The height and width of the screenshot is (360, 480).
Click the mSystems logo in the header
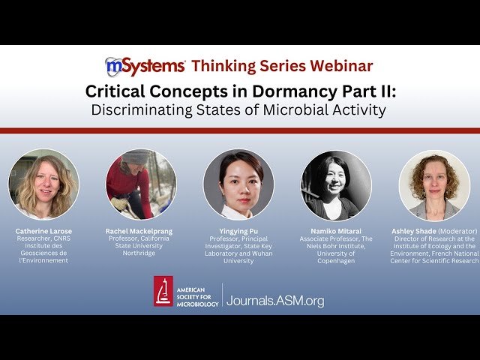(x=145, y=66)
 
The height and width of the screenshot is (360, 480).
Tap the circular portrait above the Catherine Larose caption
(x=43, y=184)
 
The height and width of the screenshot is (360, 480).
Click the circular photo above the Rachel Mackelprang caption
(x=141, y=184)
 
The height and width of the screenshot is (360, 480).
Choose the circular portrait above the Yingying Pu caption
(x=238, y=184)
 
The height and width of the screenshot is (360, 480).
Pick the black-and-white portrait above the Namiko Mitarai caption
(x=336, y=185)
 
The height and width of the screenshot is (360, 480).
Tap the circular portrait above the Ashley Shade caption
(x=434, y=184)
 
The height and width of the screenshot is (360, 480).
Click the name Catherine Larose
(x=43, y=231)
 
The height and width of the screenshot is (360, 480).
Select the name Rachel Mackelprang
(x=141, y=231)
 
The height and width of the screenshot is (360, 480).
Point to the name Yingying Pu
(x=238, y=231)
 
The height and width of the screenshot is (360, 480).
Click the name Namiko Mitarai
(x=336, y=231)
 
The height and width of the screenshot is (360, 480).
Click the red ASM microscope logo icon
(x=163, y=291)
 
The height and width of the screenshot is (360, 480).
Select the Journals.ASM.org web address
(x=275, y=300)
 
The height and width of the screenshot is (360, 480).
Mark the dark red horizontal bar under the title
(x=240, y=130)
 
